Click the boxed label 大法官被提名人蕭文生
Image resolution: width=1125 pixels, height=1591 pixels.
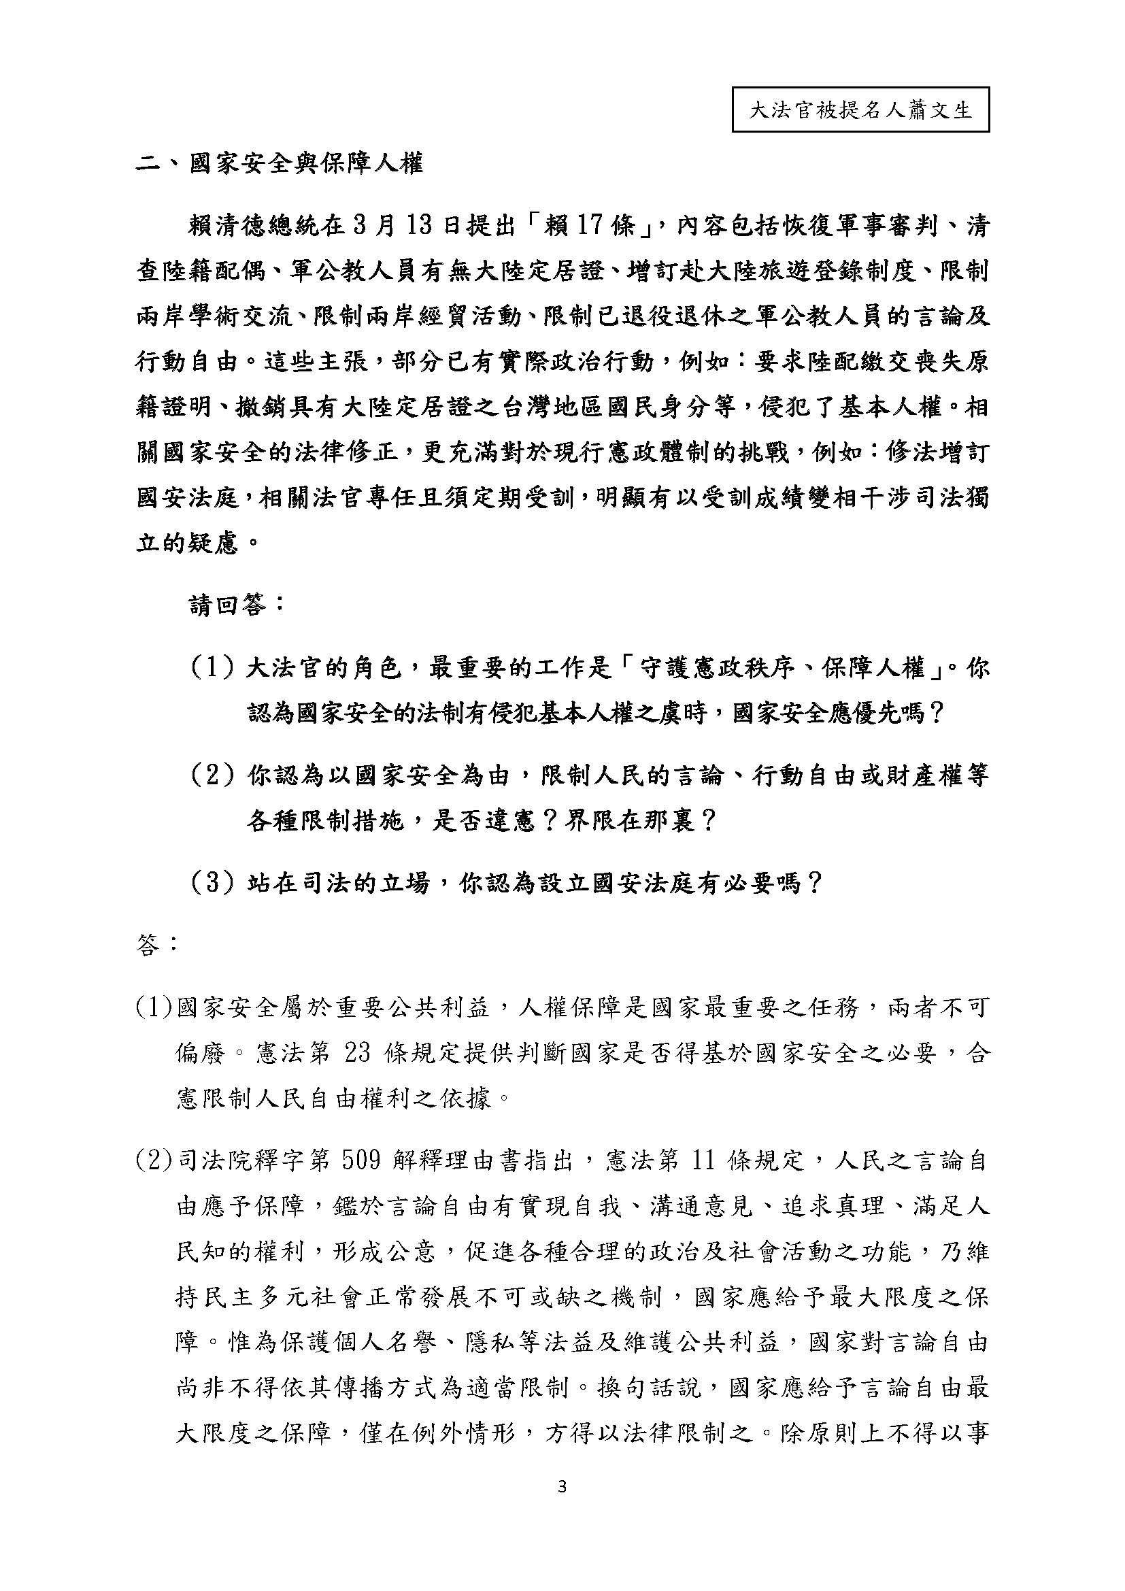coord(860,110)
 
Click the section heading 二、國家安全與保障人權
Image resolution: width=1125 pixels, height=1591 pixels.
coord(278,165)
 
